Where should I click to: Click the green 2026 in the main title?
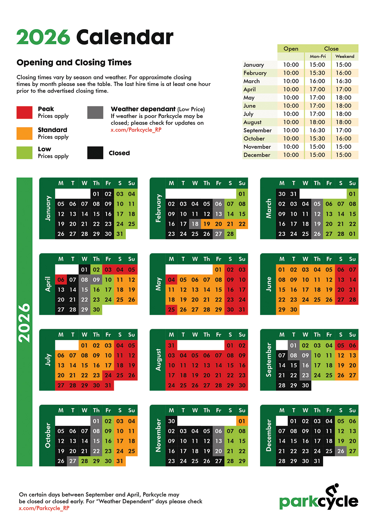pos(43,37)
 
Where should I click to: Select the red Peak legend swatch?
pos(25,112)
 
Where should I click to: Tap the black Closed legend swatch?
pos(95,153)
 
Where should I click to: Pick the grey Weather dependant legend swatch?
pos(95,112)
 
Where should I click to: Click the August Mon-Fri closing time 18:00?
pos(317,122)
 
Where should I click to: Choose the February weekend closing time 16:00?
pos(343,73)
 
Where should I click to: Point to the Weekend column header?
pos(345,56)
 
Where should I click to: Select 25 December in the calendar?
pos(329,451)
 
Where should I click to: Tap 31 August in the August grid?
pos(171,345)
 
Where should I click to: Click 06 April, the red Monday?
pos(61,280)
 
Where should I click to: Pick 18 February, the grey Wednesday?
pos(195,224)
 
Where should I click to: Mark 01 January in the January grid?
pos(96,194)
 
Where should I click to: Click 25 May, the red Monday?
pos(171,310)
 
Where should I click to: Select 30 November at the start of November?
pos(171,421)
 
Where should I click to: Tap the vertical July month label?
pos(48,360)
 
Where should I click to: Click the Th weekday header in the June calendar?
pos(317,259)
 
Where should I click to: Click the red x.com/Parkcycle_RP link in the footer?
pos(44,508)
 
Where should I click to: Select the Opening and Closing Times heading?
pos(74,62)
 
